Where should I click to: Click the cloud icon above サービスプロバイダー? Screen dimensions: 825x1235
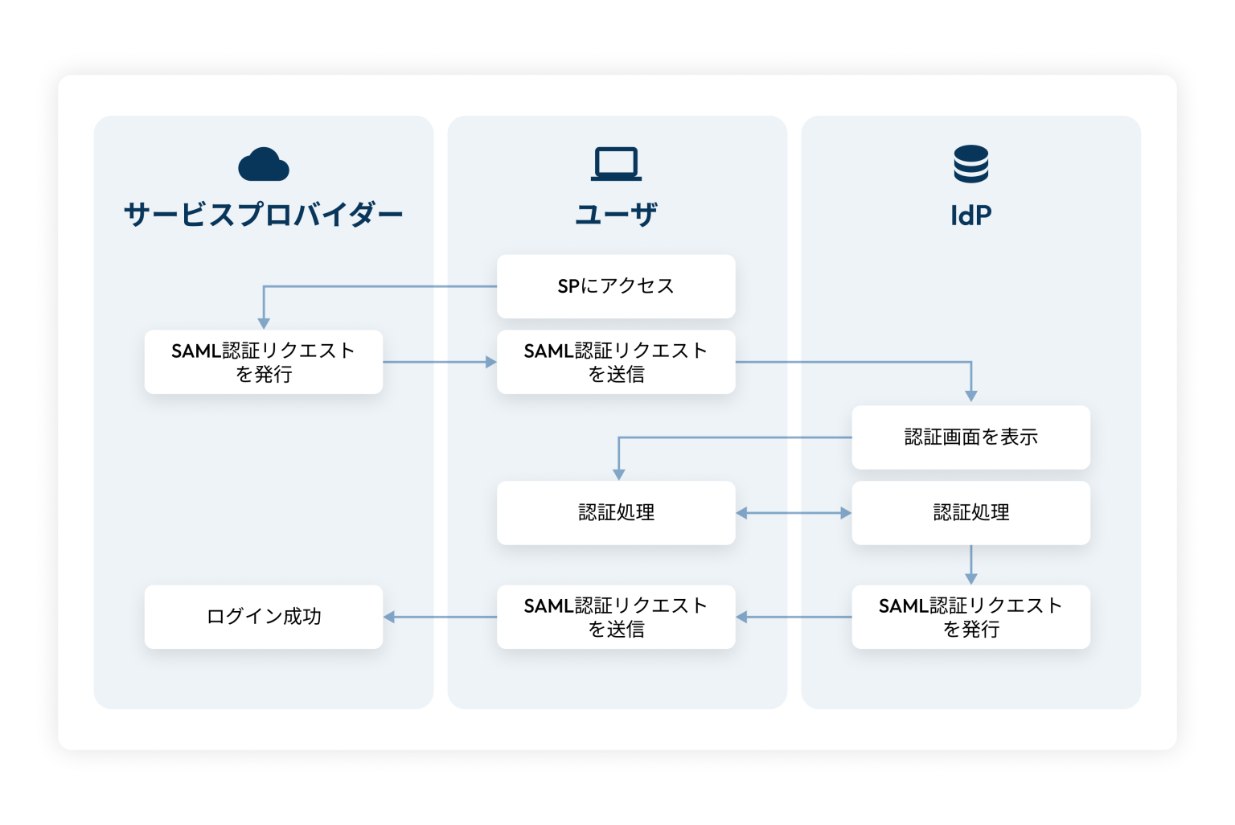pos(264,165)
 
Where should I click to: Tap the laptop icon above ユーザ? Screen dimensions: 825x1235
pos(617,164)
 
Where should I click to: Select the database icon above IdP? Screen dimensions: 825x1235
pos(971,164)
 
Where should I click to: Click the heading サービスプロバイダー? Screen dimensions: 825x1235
pos(264,215)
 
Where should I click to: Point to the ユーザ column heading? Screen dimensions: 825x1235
pos(617,215)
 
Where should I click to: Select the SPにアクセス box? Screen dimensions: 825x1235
pos(616,286)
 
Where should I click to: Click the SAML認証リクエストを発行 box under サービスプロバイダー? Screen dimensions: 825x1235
pos(264,362)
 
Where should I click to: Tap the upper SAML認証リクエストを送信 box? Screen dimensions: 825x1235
pos(616,362)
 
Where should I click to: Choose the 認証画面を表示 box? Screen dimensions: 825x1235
pos(970,437)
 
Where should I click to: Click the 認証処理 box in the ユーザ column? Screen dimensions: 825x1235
pos(616,513)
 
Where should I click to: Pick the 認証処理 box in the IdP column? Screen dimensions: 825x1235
pos(970,513)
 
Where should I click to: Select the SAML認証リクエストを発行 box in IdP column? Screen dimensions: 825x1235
pos(970,617)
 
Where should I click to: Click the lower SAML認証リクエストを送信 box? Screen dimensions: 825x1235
pos(616,617)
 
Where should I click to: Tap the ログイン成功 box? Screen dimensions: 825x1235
pos(264,617)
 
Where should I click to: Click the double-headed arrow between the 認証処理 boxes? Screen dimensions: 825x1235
pos(794,513)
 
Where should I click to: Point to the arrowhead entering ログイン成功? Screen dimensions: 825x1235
pos(389,617)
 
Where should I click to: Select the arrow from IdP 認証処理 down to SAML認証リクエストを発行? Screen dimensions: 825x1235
pos(971,564)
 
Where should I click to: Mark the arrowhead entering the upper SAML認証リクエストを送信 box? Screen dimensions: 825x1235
pos(491,362)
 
